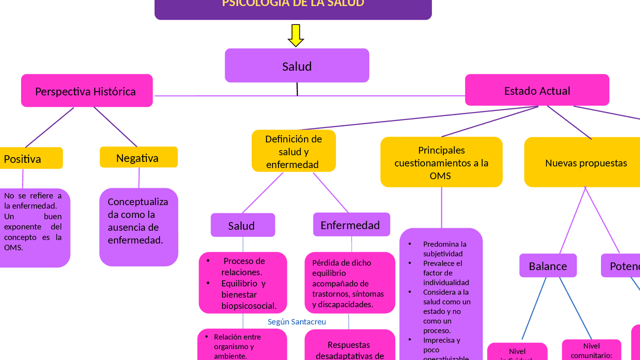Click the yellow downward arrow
click(x=296, y=35)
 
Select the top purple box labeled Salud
click(x=297, y=65)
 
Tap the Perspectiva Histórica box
click(x=86, y=91)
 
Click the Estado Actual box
click(x=537, y=90)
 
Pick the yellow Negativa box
click(x=138, y=157)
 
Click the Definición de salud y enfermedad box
click(x=293, y=151)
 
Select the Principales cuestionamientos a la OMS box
click(x=441, y=162)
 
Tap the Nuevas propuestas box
click(x=585, y=162)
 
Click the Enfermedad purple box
click(x=351, y=225)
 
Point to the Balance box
click(x=548, y=266)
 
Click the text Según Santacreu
click(x=296, y=321)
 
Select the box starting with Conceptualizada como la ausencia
click(x=138, y=226)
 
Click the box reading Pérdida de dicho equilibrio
click(x=349, y=282)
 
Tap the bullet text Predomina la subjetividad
click(x=444, y=248)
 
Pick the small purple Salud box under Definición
click(x=242, y=225)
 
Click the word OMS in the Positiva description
click(x=13, y=247)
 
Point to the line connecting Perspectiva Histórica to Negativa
click(x=115, y=126)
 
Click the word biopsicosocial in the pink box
click(x=248, y=305)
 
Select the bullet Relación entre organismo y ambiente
click(x=237, y=346)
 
